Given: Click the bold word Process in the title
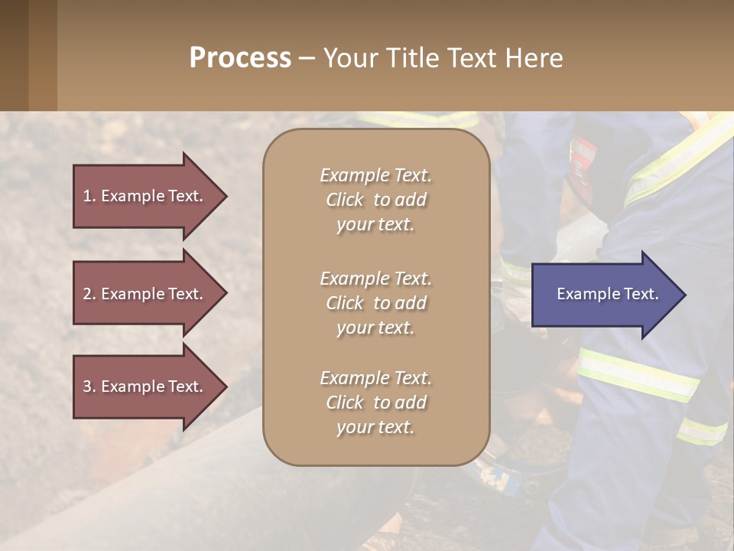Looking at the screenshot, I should (x=240, y=58).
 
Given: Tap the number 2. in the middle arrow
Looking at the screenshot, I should (x=89, y=294).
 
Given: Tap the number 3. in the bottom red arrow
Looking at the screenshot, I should (x=89, y=386).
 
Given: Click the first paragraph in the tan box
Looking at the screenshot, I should (x=375, y=200).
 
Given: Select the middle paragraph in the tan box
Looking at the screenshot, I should (x=375, y=303).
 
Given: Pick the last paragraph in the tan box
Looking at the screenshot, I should (x=375, y=403).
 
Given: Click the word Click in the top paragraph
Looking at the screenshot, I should (x=344, y=200).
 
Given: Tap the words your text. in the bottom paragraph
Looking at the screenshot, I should (x=375, y=427).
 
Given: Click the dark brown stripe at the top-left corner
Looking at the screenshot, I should (x=14, y=55).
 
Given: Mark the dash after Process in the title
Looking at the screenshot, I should (x=307, y=58).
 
